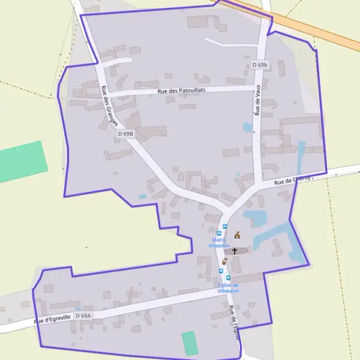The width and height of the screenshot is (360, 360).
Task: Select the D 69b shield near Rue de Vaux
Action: pyautogui.click(x=259, y=65)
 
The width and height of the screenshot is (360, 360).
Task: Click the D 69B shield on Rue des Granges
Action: pyautogui.click(x=125, y=134)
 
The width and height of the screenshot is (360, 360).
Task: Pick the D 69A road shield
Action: pyautogui.click(x=83, y=316)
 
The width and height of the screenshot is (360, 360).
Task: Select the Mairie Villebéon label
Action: pyautogui.click(x=219, y=243)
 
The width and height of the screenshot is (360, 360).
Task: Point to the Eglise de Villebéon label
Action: pyautogui.click(x=228, y=288)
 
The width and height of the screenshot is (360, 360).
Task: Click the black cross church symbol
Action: pyautogui.click(x=235, y=251)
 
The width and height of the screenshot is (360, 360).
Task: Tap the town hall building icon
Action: pyautogui.click(x=237, y=235)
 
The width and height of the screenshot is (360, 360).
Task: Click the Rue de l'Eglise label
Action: pyautogui.click(x=234, y=323)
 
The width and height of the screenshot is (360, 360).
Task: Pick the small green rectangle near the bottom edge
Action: pyautogui.click(x=190, y=343)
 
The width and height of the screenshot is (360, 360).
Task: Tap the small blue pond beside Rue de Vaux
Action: pyautogui.click(x=247, y=127)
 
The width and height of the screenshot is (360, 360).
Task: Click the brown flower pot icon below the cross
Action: pyautogui.click(x=225, y=262)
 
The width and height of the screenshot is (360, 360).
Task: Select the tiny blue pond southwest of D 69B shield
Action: pyautogui.click(x=142, y=196)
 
